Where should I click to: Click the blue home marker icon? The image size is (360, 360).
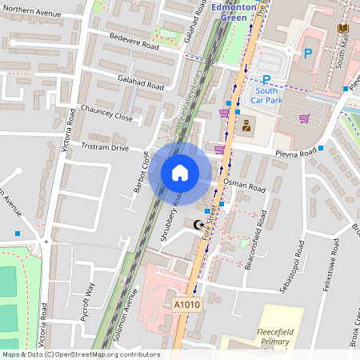point(180,173)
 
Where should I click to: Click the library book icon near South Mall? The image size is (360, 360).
point(343,28)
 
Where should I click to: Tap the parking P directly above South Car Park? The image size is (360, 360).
point(267,78)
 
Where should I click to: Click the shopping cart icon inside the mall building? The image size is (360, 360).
point(304,118)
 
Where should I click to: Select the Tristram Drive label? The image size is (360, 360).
point(105,147)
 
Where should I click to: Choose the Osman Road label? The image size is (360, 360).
point(244,186)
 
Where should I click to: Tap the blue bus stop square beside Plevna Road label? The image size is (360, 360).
point(321,148)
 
